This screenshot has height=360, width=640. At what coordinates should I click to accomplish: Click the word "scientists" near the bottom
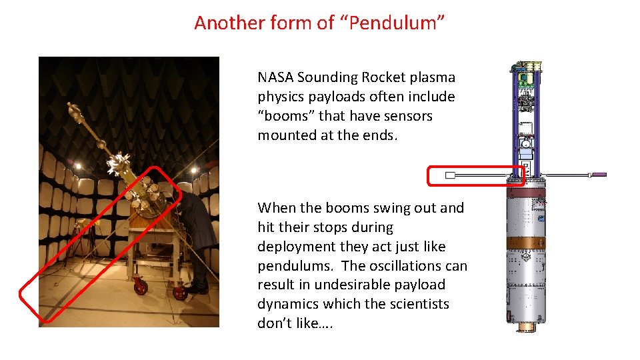[x=419, y=305]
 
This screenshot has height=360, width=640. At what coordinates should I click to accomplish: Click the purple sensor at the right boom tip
[x=599, y=175]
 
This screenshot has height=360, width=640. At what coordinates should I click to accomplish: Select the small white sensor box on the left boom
[x=450, y=175]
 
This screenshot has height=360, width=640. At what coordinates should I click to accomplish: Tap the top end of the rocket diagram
[x=525, y=66]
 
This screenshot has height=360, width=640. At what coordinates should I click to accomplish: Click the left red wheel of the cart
[x=141, y=287]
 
